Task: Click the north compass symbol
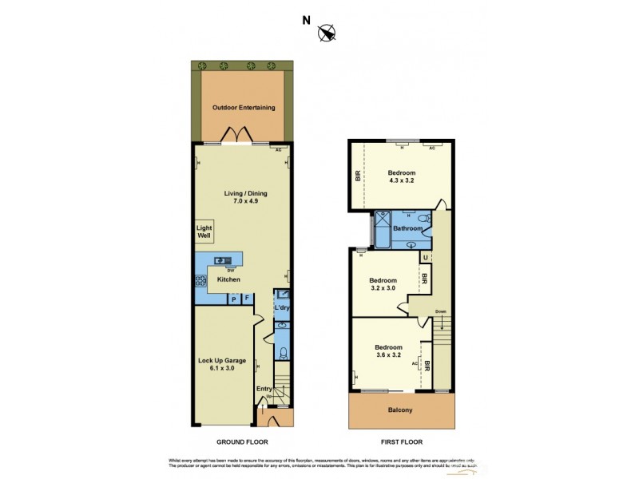tap(327, 33)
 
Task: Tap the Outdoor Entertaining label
tap(243, 107)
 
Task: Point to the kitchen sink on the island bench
tap(223, 259)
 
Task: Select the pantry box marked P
tap(233, 299)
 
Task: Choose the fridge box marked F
tap(247, 299)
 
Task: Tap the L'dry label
tap(282, 308)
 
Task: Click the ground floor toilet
tap(284, 354)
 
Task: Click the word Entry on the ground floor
tap(264, 389)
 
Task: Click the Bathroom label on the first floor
tap(407, 229)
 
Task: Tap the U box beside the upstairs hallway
tap(425, 257)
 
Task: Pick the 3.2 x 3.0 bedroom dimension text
tap(383, 290)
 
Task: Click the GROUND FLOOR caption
tap(243, 441)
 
